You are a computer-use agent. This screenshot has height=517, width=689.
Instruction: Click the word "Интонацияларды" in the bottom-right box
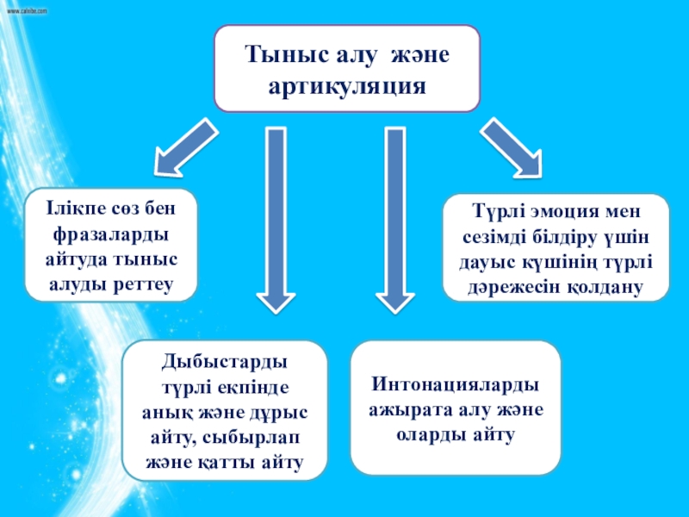click(x=456, y=384)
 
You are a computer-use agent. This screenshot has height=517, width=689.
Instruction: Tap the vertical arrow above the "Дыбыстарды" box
click(x=276, y=219)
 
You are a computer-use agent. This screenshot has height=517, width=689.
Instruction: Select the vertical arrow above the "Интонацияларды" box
click(x=395, y=219)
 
